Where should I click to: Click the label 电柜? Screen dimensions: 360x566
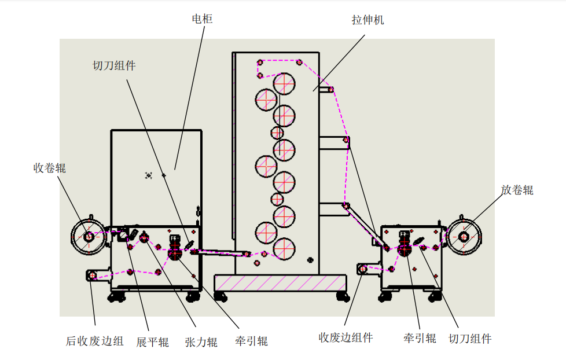pos(202,19)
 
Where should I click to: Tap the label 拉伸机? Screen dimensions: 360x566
pos(367,20)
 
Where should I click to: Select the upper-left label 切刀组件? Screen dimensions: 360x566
pos(114,65)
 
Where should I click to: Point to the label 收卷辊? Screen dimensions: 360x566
pos(49,168)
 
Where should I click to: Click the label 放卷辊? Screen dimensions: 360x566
pos(517,190)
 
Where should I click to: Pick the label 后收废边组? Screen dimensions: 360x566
pos(95,341)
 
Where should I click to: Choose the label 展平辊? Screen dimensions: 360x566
pos(152,341)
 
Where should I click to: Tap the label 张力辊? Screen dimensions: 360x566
pos(201,341)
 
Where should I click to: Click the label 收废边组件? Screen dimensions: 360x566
pos(346,338)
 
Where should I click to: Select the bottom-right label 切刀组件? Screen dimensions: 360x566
pos(470,339)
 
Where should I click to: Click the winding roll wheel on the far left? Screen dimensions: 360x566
pos(87,236)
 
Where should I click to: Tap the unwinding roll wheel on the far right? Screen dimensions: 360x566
pos(464,236)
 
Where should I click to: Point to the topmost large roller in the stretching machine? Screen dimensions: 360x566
pos(285,83)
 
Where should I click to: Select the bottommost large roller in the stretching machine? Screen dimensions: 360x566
pos(284,248)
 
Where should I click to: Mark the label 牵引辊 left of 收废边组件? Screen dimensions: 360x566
pos(251,341)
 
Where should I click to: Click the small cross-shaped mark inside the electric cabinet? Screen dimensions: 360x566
pos(148,175)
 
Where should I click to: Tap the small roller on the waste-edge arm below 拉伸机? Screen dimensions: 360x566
pos(363,269)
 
